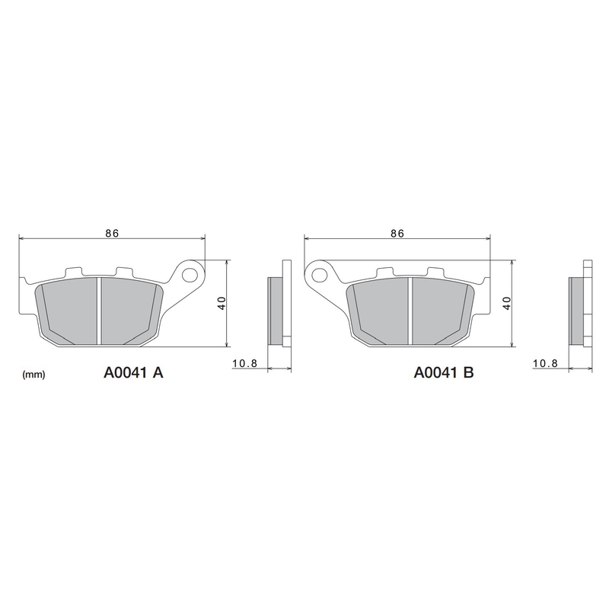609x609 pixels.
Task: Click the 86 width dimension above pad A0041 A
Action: point(112,234)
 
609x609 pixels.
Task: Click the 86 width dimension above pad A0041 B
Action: point(397,234)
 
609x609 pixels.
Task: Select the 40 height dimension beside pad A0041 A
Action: point(221,302)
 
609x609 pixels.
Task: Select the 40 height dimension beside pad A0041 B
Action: point(505,302)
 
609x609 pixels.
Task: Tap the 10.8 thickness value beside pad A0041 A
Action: point(244,364)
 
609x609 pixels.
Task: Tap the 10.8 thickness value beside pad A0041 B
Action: point(546,364)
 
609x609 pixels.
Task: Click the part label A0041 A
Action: point(134,373)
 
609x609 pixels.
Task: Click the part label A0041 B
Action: point(444,373)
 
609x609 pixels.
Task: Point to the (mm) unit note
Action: point(34,375)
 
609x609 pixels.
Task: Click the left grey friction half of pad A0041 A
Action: point(70,308)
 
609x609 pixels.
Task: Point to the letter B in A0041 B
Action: point(469,373)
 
